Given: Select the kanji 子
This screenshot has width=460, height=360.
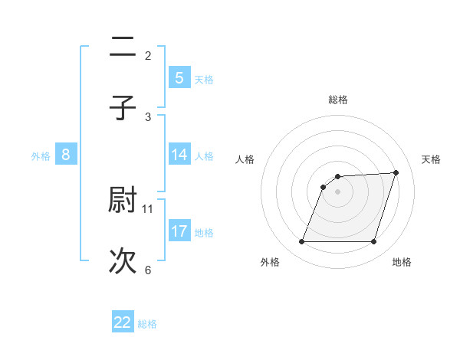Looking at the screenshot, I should click(x=123, y=106).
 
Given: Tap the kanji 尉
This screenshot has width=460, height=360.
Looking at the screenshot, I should click(x=123, y=200).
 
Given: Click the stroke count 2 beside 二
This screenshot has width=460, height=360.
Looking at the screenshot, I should click(x=148, y=55).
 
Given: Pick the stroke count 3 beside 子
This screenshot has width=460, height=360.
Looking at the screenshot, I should click(x=148, y=116).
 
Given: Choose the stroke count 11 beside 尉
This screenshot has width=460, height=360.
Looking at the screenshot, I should click(x=148, y=208).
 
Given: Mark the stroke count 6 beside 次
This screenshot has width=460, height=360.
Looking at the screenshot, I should click(x=148, y=270).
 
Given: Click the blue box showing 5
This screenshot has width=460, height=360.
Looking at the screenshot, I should click(x=179, y=77).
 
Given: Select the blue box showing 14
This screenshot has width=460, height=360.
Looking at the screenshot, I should click(x=179, y=155).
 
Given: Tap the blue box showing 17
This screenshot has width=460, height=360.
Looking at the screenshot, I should click(x=179, y=231).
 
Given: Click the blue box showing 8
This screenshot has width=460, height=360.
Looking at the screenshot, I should click(x=66, y=155).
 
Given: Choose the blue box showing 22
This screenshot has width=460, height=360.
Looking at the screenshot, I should click(x=123, y=322).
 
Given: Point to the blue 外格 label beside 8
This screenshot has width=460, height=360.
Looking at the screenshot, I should click(x=41, y=155).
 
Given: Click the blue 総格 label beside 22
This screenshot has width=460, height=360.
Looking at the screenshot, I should click(x=147, y=323).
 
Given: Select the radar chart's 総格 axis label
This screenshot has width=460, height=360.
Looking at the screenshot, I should click(x=338, y=100).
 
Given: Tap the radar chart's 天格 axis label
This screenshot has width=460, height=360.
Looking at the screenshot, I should click(x=431, y=159).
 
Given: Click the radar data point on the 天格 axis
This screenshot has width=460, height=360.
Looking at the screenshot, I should click(x=396, y=172).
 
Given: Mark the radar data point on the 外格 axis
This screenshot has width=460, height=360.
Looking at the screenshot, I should click(x=301, y=242).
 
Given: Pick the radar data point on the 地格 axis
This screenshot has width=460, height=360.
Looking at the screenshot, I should click(x=373, y=242).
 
